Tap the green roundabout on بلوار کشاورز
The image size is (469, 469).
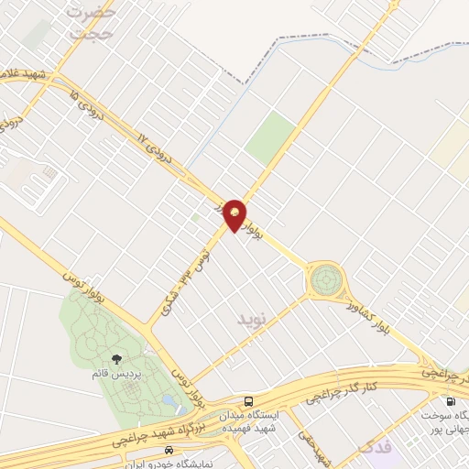(x=325, y=279)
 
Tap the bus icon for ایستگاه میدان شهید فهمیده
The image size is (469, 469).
(x=248, y=401)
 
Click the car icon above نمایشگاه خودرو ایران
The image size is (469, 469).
(x=168, y=451)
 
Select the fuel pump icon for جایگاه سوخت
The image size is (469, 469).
(x=450, y=401)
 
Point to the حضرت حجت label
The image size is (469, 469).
(x=93, y=22)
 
